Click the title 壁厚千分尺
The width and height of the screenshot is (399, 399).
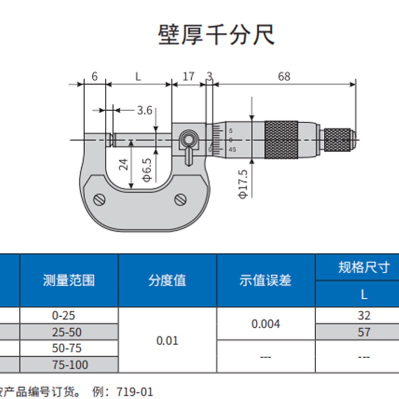(216, 35)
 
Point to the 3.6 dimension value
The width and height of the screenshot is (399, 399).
(144, 110)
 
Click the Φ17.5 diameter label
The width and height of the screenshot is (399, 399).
(243, 184)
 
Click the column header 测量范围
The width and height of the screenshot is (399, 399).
(69, 280)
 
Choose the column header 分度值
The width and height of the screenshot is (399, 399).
(167, 280)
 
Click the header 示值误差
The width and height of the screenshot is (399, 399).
(265, 280)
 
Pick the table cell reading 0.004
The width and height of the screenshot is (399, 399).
(265, 324)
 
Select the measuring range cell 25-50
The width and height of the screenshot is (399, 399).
(69, 332)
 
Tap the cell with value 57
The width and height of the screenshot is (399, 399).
(364, 332)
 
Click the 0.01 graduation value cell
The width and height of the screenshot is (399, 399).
(167, 341)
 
